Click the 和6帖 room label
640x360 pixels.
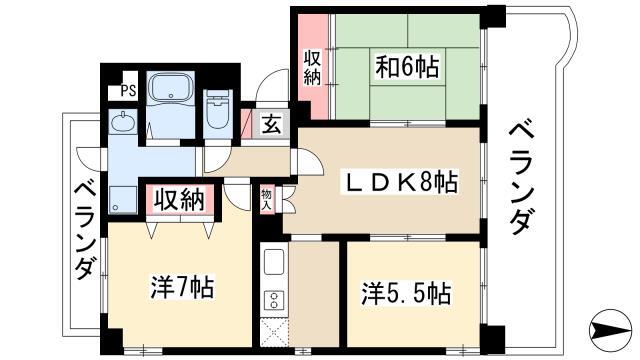[407, 67]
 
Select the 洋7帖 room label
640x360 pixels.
[182, 287]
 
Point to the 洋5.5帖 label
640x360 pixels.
[406, 293]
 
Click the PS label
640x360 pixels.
[128, 90]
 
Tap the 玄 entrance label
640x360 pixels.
[271, 124]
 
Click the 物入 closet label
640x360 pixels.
[267, 200]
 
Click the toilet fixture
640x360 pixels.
[218, 109]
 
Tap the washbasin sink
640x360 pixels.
[122, 122]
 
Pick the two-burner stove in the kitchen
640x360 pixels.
[274, 300]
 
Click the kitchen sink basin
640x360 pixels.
[274, 262]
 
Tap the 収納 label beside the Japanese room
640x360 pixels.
[312, 67]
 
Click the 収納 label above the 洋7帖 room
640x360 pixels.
[180, 200]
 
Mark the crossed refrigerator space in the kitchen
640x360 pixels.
[274, 332]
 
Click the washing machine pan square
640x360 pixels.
[122, 200]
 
